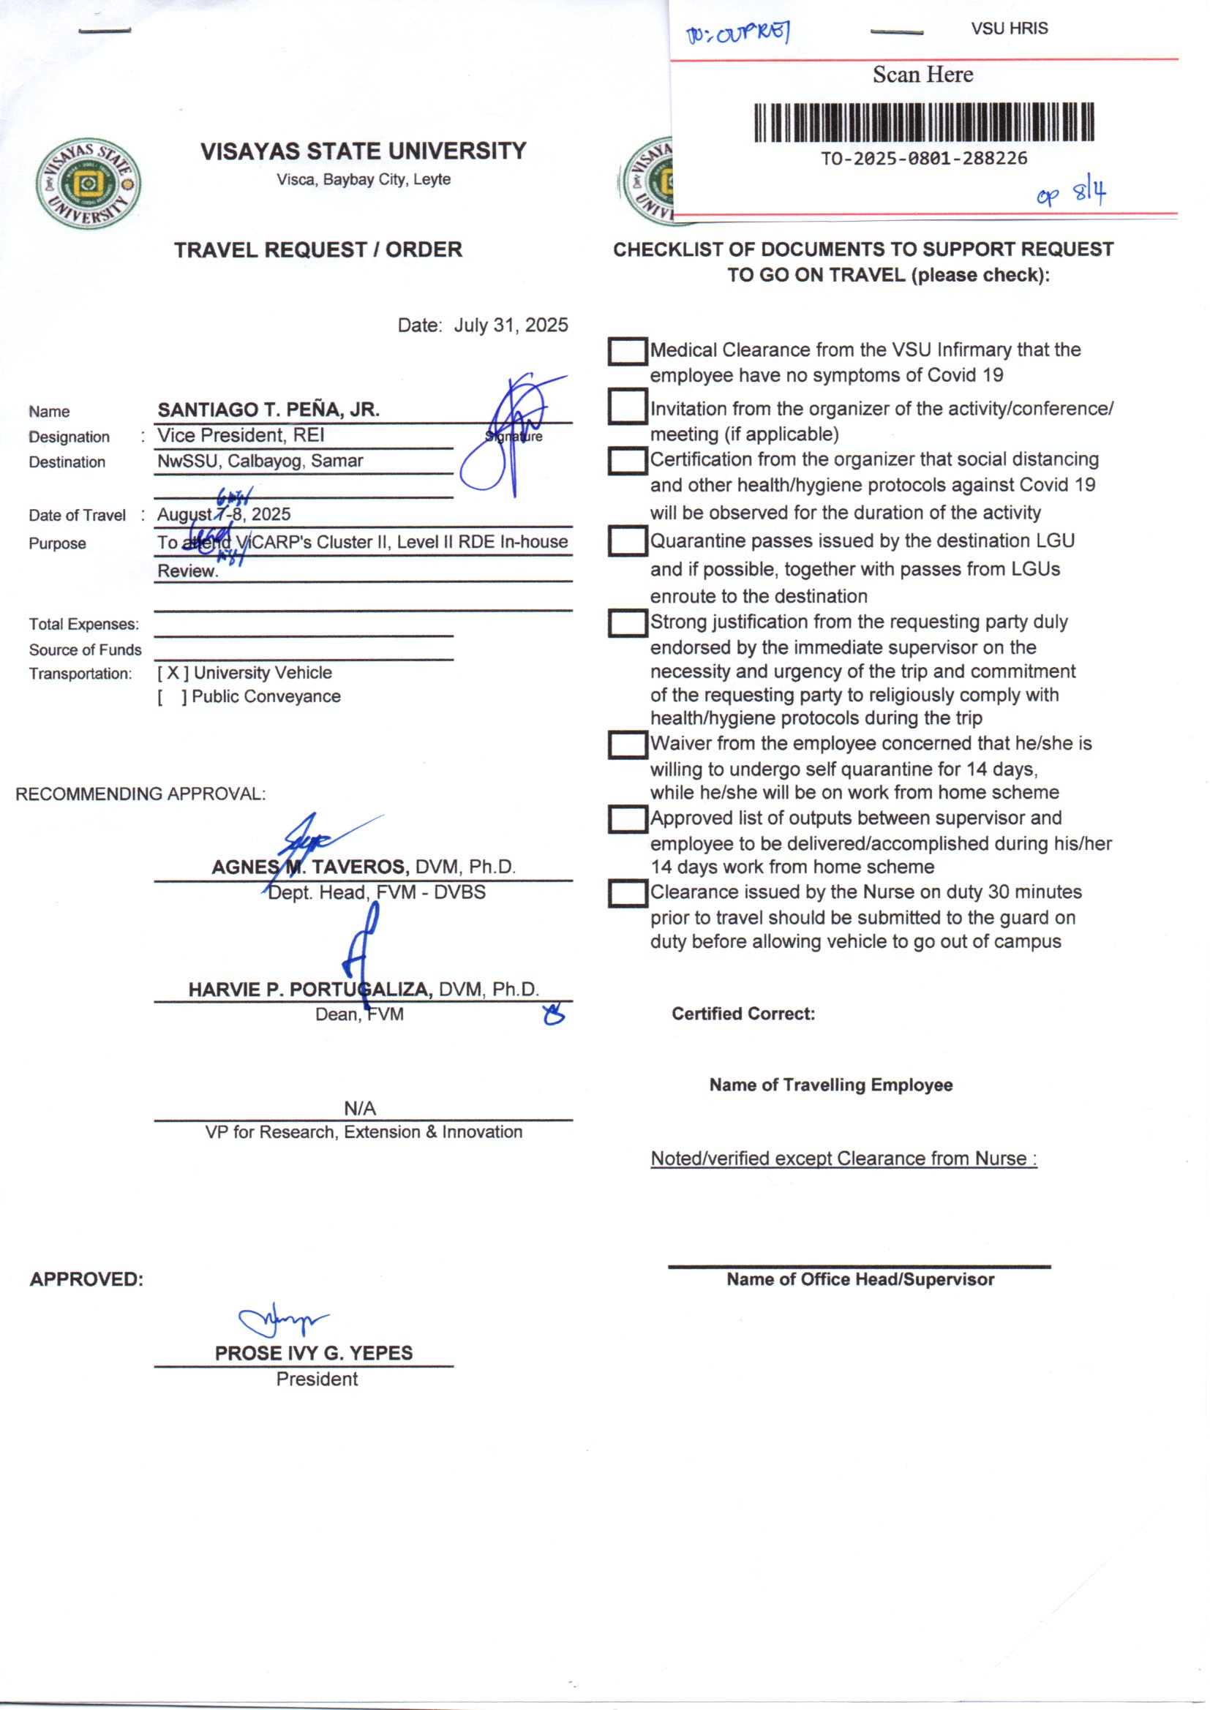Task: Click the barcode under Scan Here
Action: pos(924,122)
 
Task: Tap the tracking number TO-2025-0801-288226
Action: pos(924,159)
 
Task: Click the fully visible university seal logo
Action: pos(89,183)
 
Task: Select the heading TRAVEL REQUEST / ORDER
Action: pos(318,249)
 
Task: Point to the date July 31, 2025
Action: pos(511,325)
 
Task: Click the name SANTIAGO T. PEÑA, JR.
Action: pos(268,410)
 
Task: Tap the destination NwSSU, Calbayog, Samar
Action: pos(260,461)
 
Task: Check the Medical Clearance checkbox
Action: pos(627,352)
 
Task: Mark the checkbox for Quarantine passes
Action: pos(627,541)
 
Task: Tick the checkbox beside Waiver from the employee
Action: pos(627,745)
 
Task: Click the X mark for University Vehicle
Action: pos(173,674)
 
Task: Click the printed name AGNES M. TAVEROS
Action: pos(310,867)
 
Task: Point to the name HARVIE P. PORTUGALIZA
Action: pos(310,990)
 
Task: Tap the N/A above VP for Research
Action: pos(360,1108)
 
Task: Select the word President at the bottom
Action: pos(317,1379)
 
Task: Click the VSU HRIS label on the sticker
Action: pos(1009,29)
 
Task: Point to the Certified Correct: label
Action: pos(743,1014)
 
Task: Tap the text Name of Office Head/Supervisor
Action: pos(860,1279)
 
